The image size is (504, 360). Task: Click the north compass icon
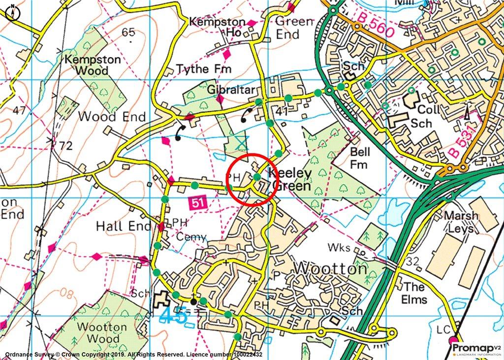pos(12,12)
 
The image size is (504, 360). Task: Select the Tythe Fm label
pos(199,69)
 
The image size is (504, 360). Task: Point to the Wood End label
pos(112,117)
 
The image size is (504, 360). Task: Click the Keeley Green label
pos(290,180)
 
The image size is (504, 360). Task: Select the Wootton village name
pos(330,269)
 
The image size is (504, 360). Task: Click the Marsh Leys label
pos(461,222)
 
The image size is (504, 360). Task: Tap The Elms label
pos(414,293)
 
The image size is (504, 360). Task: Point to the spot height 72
pos(65,146)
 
